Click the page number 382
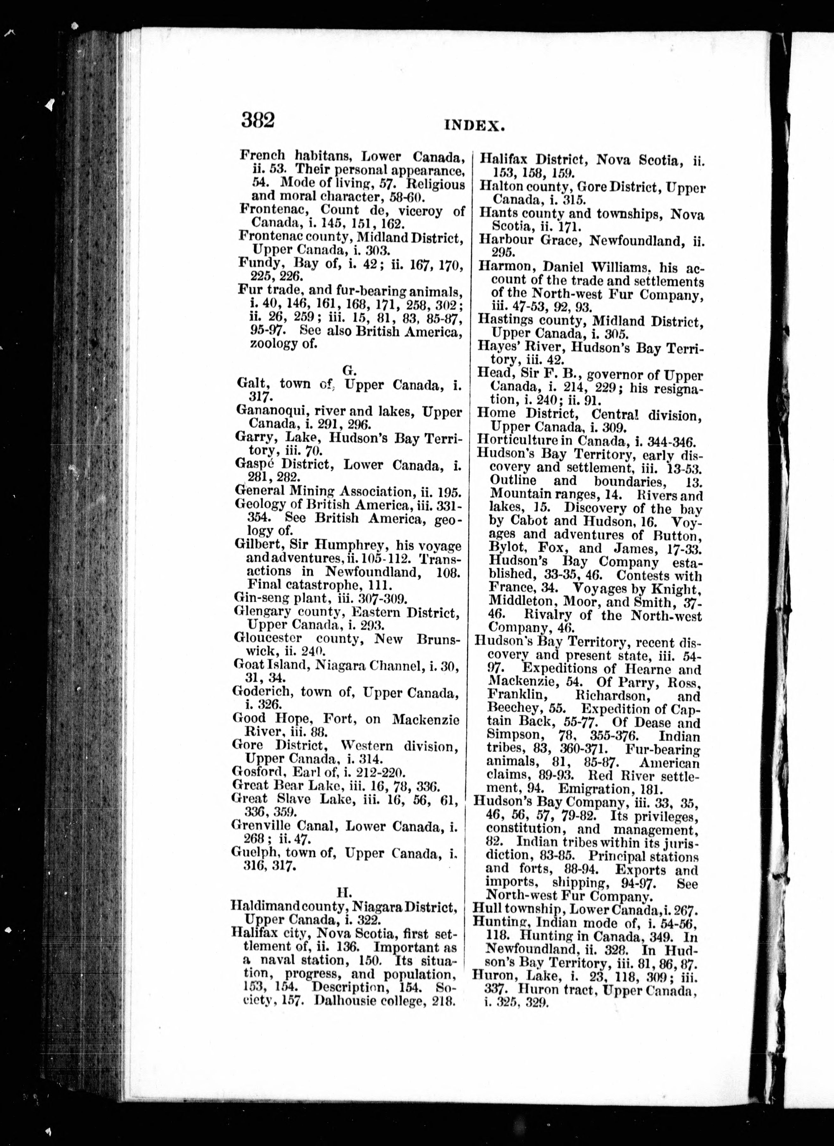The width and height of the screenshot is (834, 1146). pyautogui.click(x=258, y=121)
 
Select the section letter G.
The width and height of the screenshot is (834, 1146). pyautogui.click(x=348, y=370)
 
